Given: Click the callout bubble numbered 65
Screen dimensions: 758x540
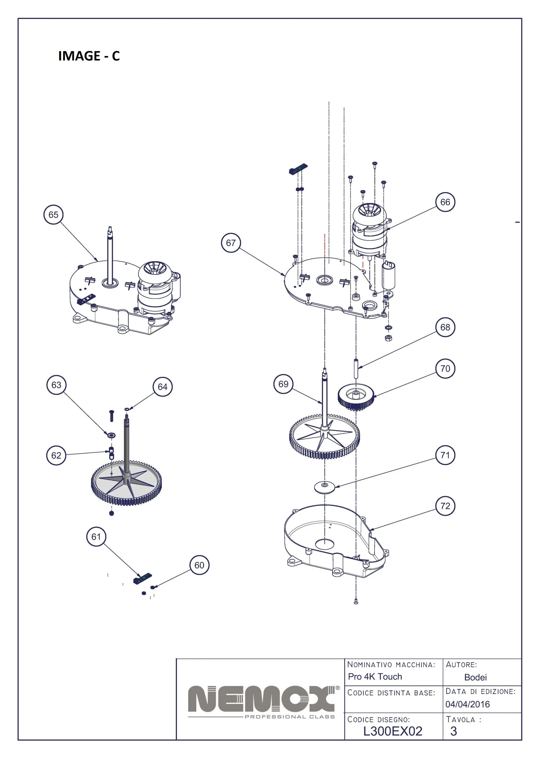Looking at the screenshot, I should (54, 215).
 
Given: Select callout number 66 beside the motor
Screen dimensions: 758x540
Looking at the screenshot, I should (445, 202).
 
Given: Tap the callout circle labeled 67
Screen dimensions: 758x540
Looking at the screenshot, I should (231, 243).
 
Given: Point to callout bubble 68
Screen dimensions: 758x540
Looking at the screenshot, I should (445, 327).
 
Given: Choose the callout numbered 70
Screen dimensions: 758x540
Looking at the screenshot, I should (445, 368).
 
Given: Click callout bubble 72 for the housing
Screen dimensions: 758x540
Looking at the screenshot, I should (445, 506).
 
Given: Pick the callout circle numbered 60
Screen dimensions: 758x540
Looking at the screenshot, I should (199, 565).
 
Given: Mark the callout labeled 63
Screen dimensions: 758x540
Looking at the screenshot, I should (56, 385).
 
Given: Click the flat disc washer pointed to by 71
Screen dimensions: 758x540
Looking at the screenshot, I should (325, 487).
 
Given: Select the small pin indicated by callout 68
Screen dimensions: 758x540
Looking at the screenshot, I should (355, 368).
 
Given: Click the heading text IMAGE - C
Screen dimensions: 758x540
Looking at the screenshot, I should (89, 56).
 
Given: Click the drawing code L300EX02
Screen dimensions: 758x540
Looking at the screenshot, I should (393, 731).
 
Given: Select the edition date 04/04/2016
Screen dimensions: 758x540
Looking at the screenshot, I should (467, 704).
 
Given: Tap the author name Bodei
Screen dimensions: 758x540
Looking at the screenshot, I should (475, 677).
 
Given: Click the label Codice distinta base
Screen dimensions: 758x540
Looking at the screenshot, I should (391, 693).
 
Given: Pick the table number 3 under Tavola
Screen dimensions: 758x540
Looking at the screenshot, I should (453, 731).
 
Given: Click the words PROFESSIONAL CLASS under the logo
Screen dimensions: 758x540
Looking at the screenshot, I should (290, 717).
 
